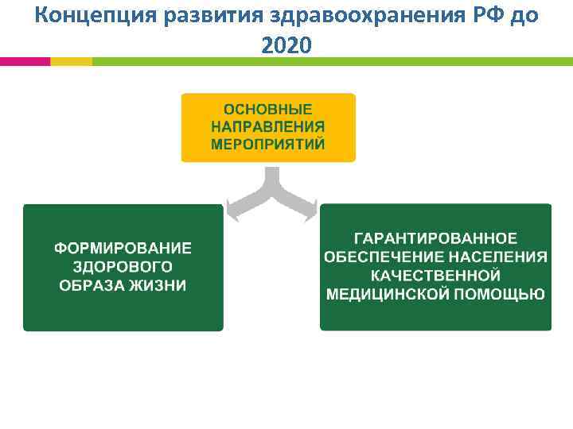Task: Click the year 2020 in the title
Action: (x=286, y=47)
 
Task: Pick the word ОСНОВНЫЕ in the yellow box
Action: (x=268, y=109)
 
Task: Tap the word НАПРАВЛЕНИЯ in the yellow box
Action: (x=268, y=126)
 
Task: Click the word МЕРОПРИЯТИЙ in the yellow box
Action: (x=268, y=144)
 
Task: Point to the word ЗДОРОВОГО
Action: (x=123, y=267)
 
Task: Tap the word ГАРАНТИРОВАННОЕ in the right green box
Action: (x=435, y=238)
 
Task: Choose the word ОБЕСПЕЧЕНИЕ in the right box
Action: (x=384, y=257)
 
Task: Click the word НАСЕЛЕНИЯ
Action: (x=497, y=257)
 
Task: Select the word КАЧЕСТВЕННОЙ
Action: (x=435, y=276)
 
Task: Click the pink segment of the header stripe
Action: (x=25, y=61)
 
